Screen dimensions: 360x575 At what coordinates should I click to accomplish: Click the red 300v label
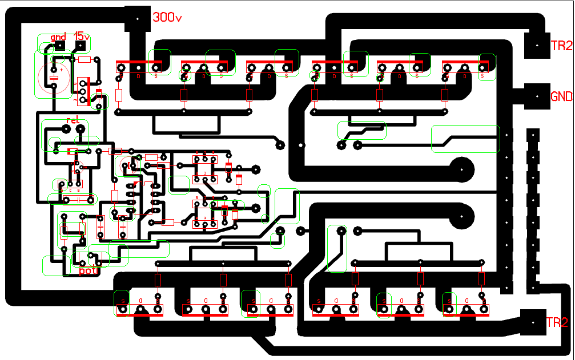(x=167, y=18)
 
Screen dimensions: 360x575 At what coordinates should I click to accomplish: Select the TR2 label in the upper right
(x=561, y=46)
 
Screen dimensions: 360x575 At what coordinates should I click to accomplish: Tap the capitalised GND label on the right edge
(x=561, y=96)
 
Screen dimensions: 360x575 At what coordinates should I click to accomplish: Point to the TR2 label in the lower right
(x=557, y=322)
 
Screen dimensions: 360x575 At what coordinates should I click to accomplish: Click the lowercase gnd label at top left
(x=58, y=37)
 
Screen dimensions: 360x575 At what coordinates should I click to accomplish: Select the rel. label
(x=73, y=120)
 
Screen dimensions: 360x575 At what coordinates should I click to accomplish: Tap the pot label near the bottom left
(x=88, y=271)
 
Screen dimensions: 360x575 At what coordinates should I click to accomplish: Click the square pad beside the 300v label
(x=137, y=19)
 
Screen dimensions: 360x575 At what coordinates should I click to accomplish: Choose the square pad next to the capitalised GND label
(x=537, y=96)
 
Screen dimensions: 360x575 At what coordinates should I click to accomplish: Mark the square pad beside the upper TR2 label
(x=537, y=44)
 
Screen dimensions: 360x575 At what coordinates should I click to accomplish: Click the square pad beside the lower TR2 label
(x=533, y=323)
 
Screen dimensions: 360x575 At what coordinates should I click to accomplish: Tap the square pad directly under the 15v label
(x=82, y=45)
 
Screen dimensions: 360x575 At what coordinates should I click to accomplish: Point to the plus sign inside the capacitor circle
(x=62, y=67)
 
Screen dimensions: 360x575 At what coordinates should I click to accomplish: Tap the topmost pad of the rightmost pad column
(x=533, y=136)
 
